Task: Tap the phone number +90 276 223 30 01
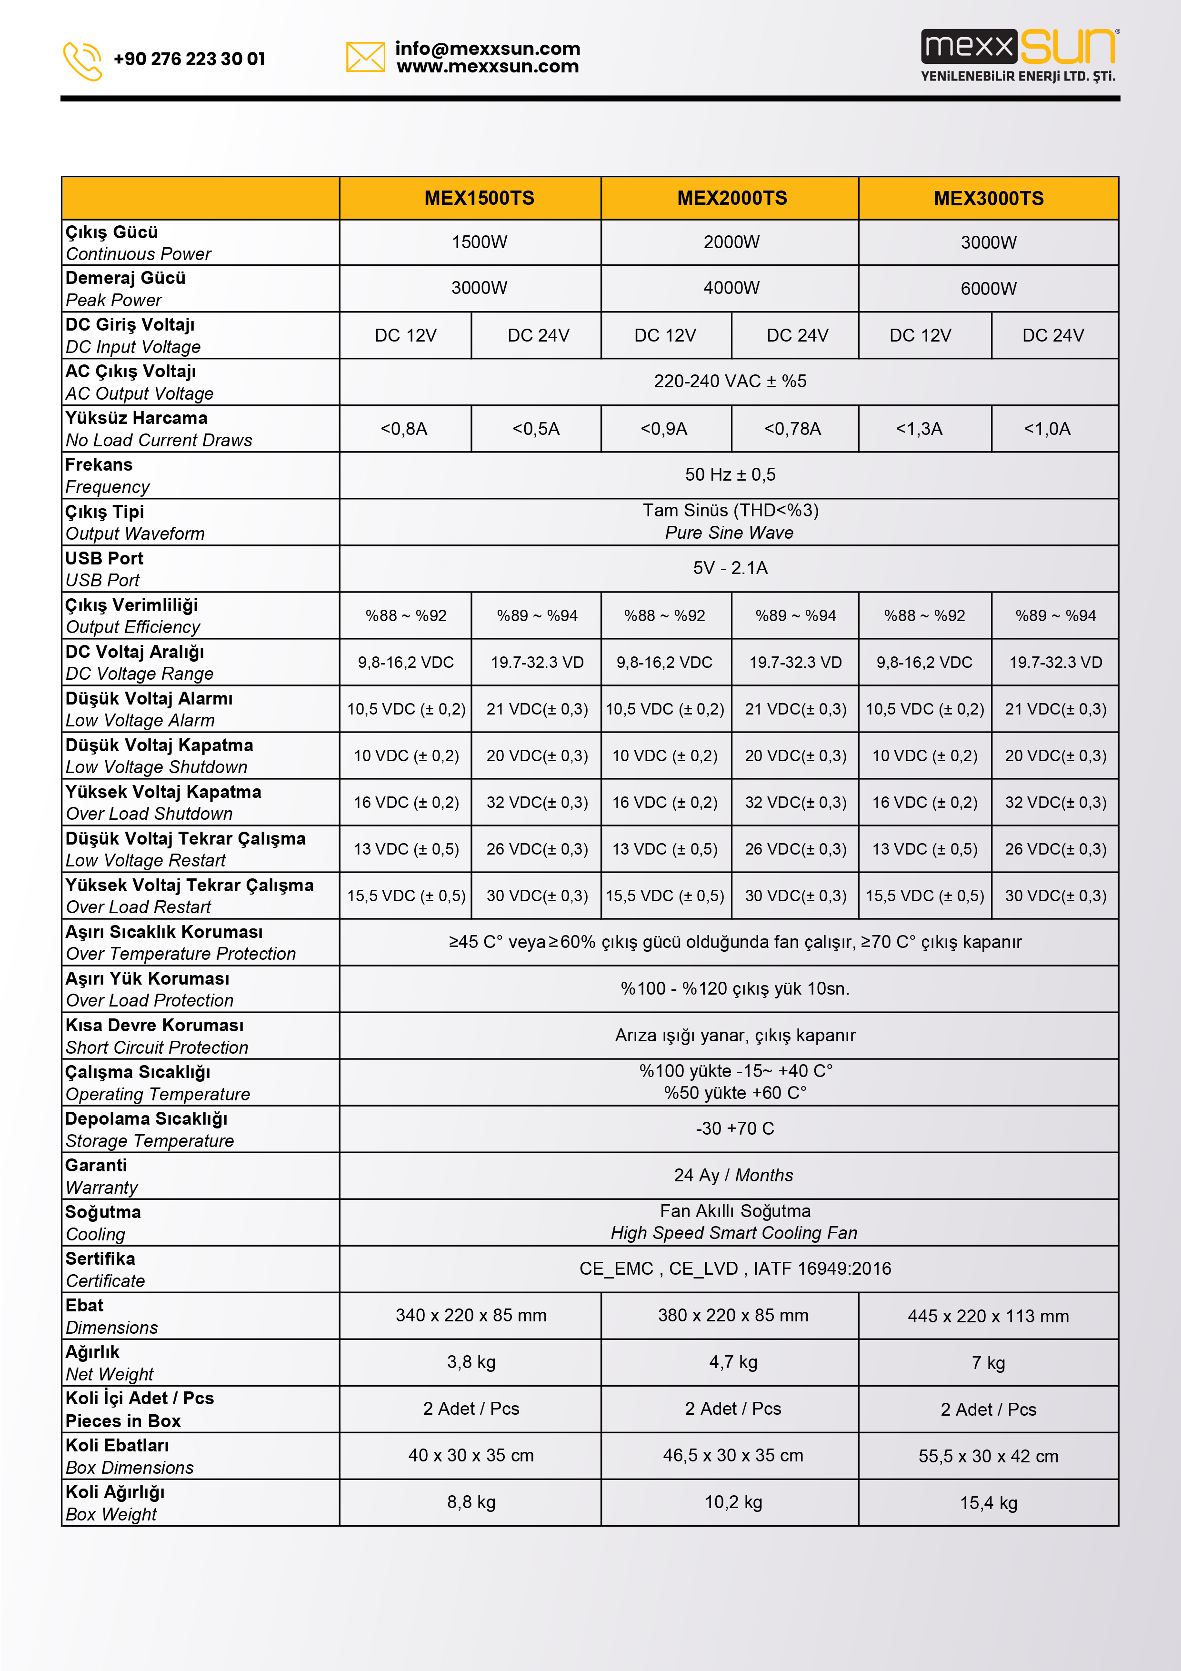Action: click(189, 59)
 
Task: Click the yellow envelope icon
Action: click(365, 57)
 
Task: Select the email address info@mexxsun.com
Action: click(488, 48)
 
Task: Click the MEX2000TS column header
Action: click(731, 198)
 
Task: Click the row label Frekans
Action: click(99, 465)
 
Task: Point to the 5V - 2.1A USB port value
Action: click(730, 568)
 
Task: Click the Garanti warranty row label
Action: click(96, 1165)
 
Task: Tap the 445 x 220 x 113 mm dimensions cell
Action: click(988, 1316)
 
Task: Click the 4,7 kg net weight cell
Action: click(733, 1362)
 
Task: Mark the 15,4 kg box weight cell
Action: click(988, 1503)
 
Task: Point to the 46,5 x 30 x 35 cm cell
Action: click(733, 1456)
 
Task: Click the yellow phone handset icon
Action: click(82, 60)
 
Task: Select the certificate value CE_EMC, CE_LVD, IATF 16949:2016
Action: click(735, 1268)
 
